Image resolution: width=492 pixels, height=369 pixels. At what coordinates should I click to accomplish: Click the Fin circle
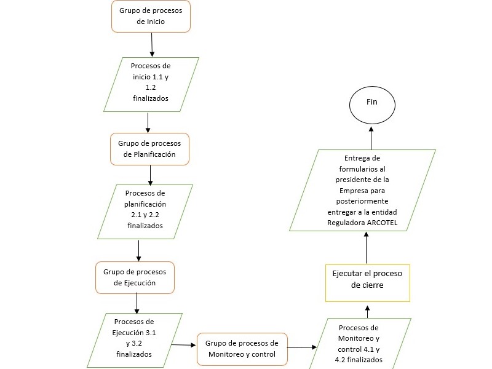pyautogui.click(x=372, y=105)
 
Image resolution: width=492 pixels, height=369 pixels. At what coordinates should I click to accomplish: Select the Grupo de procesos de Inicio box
pyautogui.click(x=151, y=17)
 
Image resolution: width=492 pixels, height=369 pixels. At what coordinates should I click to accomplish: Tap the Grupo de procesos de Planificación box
pyautogui.click(x=149, y=149)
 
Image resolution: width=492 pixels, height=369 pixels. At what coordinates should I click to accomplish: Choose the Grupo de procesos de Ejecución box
pyautogui.click(x=135, y=278)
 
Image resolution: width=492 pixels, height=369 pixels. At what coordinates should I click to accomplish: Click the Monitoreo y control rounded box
pyautogui.click(x=242, y=349)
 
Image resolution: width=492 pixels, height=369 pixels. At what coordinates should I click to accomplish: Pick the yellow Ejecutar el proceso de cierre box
pyautogui.click(x=368, y=283)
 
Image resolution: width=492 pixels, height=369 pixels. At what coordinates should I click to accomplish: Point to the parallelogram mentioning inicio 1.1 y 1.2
pyautogui.click(x=151, y=84)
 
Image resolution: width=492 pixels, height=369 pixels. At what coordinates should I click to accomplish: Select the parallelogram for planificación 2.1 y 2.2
pyautogui.click(x=145, y=212)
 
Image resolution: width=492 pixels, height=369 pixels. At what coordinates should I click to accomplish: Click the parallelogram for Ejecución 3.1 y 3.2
pyautogui.click(x=135, y=340)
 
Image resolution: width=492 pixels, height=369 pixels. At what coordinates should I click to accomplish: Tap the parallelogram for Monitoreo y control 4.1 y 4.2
pyautogui.click(x=360, y=344)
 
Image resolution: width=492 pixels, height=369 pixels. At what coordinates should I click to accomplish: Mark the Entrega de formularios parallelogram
pyautogui.click(x=362, y=190)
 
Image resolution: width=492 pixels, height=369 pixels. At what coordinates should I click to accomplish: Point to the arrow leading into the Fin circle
pyautogui.click(x=371, y=138)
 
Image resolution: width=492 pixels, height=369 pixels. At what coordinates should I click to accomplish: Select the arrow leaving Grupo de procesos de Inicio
pyautogui.click(x=152, y=44)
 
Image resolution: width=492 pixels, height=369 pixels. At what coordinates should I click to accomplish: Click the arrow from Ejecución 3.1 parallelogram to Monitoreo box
pyautogui.click(x=183, y=345)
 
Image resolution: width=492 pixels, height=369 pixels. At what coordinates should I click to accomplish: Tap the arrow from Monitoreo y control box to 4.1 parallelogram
pyautogui.click(x=302, y=347)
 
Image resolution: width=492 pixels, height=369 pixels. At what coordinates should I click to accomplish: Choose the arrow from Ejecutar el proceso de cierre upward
pyautogui.click(x=366, y=248)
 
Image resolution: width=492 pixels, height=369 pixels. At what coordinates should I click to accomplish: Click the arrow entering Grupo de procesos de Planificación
pyautogui.click(x=148, y=122)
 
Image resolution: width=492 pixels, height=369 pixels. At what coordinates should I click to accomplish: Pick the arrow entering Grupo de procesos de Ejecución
pyautogui.click(x=139, y=251)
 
